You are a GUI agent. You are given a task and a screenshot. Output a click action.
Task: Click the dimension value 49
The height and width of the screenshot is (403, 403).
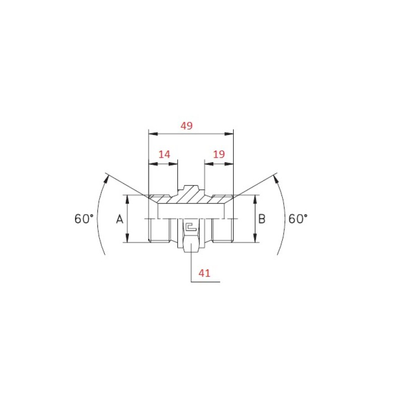pyautogui.click(x=186, y=125)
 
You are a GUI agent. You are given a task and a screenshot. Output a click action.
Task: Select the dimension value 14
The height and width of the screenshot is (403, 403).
pyautogui.click(x=164, y=155)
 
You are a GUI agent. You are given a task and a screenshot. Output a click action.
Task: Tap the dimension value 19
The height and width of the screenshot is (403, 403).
pyautogui.click(x=219, y=154)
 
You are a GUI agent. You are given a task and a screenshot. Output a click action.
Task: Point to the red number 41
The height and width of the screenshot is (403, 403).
pyautogui.click(x=205, y=273)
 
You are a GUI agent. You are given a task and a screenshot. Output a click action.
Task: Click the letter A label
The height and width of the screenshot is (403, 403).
pyautogui.click(x=120, y=219)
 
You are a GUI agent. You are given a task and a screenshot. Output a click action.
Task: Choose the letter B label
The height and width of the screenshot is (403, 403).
pyautogui.click(x=261, y=219)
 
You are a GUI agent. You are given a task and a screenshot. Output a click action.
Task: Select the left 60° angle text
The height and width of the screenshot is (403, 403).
pyautogui.click(x=84, y=219)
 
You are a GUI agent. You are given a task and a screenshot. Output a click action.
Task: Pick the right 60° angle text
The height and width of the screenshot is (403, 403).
pyautogui.click(x=298, y=219)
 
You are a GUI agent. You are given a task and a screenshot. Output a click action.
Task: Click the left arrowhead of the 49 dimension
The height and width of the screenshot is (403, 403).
pyautogui.click(x=153, y=134)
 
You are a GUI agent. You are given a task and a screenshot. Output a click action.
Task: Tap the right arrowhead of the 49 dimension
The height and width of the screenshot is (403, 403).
pyautogui.click(x=229, y=134)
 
